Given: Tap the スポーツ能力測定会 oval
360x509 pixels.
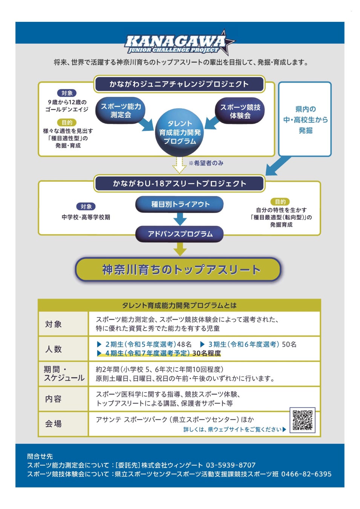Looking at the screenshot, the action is click(121, 110).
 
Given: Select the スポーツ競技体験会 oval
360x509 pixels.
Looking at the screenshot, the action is click(240, 111).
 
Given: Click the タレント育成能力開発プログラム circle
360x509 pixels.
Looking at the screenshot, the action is click(179, 132).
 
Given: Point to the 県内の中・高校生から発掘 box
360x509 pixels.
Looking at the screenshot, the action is click(305, 119).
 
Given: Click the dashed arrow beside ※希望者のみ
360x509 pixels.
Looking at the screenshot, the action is click(179, 165).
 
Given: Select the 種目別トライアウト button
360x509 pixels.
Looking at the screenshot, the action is click(179, 204).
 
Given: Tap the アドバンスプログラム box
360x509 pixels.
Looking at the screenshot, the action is click(179, 234).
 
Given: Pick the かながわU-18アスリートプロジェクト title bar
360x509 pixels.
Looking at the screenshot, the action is click(179, 184).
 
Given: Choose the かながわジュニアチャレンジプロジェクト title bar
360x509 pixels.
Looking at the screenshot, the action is click(179, 84).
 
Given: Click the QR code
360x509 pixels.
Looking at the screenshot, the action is click(302, 420).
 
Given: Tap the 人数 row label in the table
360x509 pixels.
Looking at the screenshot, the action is click(54, 349).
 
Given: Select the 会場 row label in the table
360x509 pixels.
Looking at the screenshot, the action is click(54, 424).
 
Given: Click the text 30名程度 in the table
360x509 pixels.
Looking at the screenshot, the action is click(207, 353).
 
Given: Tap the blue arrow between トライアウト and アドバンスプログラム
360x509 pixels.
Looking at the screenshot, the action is click(180, 219).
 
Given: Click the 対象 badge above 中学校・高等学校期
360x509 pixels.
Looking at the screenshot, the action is click(86, 207).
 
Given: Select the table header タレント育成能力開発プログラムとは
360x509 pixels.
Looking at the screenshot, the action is click(179, 305).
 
